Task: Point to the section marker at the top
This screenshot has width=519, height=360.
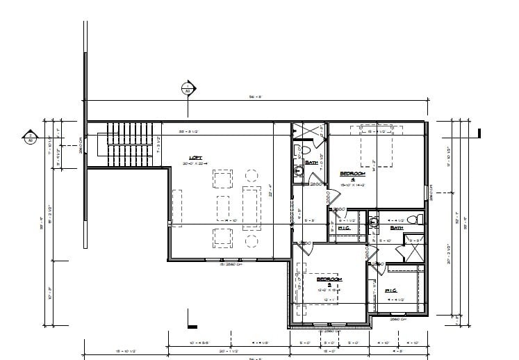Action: pyautogui.click(x=187, y=88)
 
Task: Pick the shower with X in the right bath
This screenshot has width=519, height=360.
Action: pyautogui.click(x=414, y=249)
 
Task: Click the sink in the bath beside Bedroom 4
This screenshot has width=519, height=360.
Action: pyautogui.click(x=299, y=170)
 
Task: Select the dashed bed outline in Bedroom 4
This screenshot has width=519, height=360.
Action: pyautogui.click(x=372, y=147)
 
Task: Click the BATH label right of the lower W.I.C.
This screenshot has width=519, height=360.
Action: pyautogui.click(x=397, y=227)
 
